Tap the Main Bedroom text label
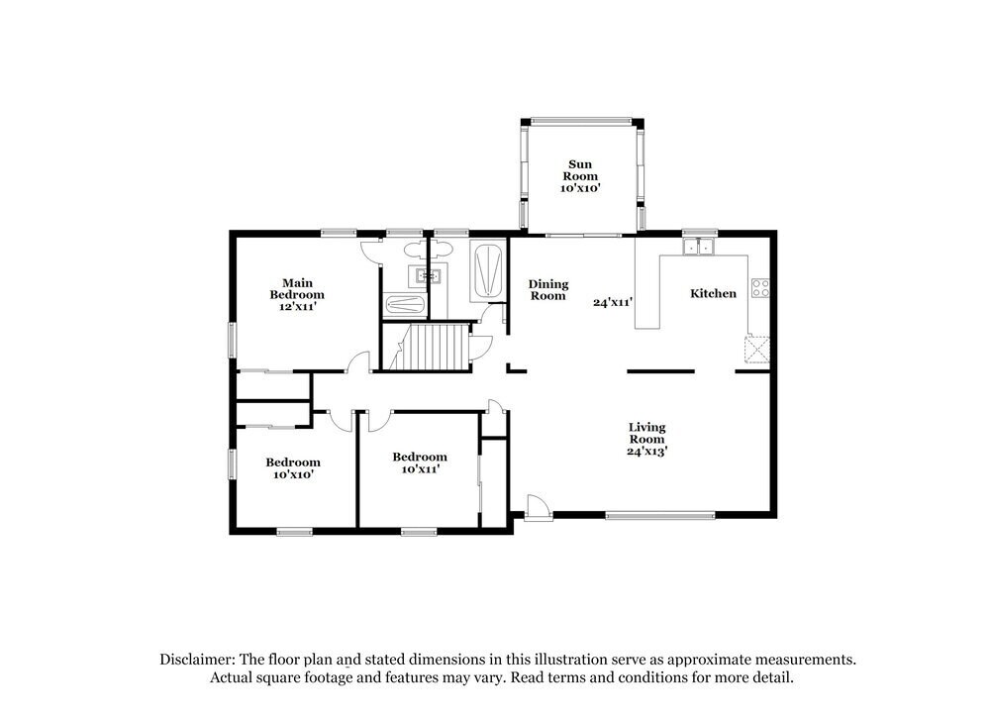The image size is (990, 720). coord(297,294)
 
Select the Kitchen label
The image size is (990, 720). coord(713,293)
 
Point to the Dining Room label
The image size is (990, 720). coord(547,289)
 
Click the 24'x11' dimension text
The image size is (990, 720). coord(613,303)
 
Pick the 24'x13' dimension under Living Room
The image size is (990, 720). coord(647,451)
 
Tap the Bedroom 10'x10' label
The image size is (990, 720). coord(292,467)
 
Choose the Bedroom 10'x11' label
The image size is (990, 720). coord(419,463)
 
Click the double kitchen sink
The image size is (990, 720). coord(699,246)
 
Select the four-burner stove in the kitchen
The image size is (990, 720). coord(760,289)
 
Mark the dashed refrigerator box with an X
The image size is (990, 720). coord(757,350)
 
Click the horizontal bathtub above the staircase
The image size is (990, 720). coord(404,306)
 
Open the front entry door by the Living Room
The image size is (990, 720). coord(539,507)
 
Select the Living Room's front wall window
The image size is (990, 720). coord(659,515)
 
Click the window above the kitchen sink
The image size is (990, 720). coord(699,232)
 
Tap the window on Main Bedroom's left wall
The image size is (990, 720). coord(234,340)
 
